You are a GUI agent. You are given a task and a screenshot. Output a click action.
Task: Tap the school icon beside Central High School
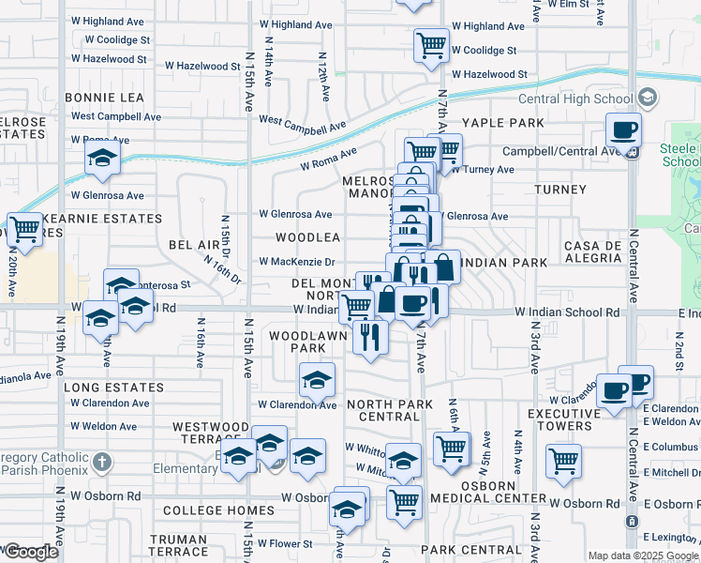click(x=647, y=98)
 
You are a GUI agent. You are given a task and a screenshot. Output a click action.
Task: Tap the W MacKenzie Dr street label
click(x=296, y=262)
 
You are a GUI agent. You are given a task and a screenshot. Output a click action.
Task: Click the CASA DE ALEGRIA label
click(x=593, y=252)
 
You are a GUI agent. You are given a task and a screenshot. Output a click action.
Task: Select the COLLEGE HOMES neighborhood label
click(x=218, y=511)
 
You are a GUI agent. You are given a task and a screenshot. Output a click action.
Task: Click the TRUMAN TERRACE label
click(x=178, y=546)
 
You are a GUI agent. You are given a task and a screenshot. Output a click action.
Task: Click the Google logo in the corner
click(x=31, y=552)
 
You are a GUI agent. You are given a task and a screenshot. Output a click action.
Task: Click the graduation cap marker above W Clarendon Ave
click(x=317, y=380)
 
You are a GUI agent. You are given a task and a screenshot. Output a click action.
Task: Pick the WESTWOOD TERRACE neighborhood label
click(x=211, y=433)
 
